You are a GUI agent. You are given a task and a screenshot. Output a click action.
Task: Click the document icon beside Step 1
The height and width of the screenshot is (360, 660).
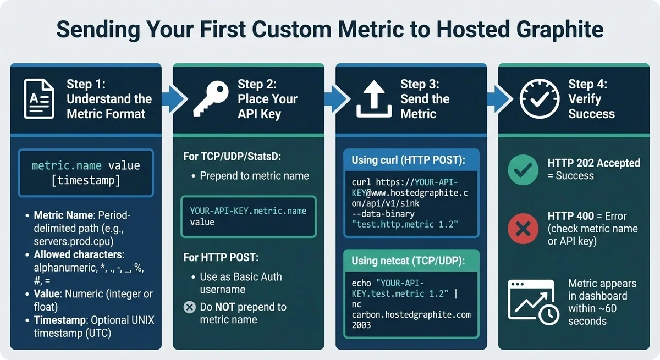[38, 99]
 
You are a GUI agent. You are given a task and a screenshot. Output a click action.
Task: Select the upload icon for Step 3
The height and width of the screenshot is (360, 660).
[374, 99]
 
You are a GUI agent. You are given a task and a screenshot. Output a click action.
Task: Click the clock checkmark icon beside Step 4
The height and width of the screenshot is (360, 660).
[539, 99]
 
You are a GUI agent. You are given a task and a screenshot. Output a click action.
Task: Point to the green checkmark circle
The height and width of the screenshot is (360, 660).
[523, 170]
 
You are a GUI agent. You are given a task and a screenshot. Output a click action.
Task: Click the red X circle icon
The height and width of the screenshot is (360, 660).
[523, 228]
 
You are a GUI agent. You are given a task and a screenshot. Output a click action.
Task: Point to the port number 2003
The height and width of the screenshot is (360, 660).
[361, 325]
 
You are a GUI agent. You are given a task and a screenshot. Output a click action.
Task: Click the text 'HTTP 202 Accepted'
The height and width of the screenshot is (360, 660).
[593, 163]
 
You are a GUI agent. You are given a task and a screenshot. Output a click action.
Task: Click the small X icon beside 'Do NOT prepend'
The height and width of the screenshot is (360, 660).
[189, 307]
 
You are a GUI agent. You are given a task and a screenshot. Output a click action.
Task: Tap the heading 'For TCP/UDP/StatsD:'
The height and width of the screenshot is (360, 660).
[232, 157]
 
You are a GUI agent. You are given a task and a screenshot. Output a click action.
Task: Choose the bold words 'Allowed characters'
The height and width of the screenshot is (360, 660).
[79, 254]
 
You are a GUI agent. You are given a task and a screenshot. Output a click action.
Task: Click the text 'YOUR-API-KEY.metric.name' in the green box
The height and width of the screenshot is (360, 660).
[248, 211]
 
